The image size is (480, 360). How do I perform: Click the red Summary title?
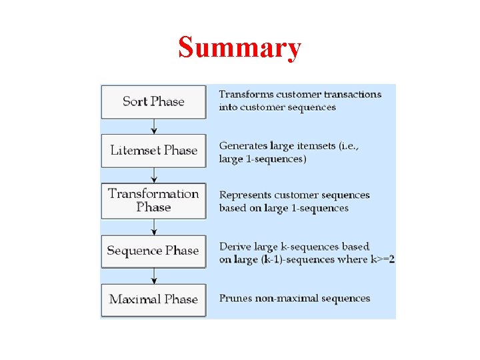pos(240,48)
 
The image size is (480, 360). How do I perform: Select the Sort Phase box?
pos(153,101)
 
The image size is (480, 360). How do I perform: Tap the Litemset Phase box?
pos(153,151)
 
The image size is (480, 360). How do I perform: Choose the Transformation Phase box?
pos(153,200)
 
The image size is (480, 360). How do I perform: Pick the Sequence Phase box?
pos(153,251)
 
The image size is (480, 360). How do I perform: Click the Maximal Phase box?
pos(153,299)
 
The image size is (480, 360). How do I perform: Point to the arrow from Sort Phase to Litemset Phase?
pos(154,127)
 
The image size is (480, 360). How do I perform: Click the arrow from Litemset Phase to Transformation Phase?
pos(154,175)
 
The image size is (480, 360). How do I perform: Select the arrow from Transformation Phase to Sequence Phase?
pos(154,227)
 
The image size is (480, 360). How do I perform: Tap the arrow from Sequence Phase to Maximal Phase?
pos(154,276)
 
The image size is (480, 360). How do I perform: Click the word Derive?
pos(233,247)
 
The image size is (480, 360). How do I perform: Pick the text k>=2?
pos(383,259)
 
